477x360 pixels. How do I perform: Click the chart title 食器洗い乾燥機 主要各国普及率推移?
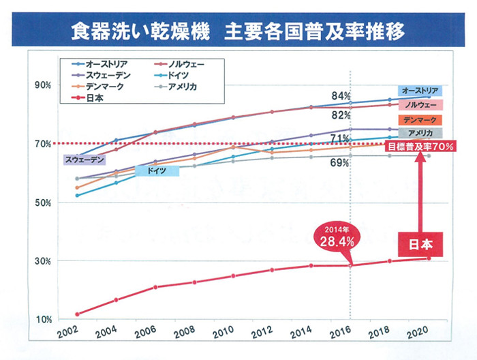(238, 31)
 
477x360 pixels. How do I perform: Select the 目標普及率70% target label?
(420, 146)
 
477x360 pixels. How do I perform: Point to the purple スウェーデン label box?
(86, 160)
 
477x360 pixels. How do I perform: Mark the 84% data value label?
(341, 96)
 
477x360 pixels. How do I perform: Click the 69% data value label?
(340, 163)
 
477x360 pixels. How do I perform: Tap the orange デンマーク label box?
(420, 120)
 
